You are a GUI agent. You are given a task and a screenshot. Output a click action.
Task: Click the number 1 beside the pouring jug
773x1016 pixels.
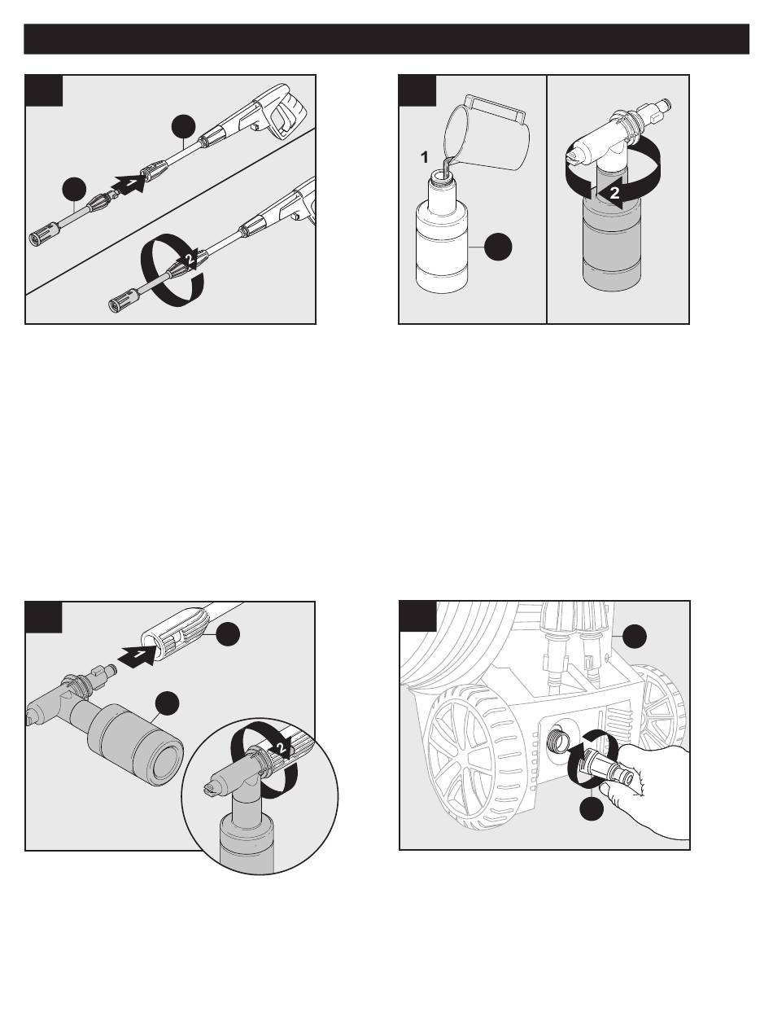click(x=424, y=158)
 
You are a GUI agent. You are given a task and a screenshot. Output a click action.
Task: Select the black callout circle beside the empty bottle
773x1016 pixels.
click(x=499, y=247)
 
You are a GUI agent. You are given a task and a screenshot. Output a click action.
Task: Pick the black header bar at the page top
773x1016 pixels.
click(x=386, y=39)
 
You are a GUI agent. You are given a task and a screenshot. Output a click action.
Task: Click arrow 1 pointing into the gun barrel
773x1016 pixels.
click(x=137, y=656)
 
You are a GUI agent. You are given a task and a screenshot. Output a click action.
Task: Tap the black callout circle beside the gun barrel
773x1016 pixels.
click(x=228, y=635)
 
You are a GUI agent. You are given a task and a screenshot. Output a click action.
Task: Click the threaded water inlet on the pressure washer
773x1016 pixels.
click(x=558, y=738)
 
